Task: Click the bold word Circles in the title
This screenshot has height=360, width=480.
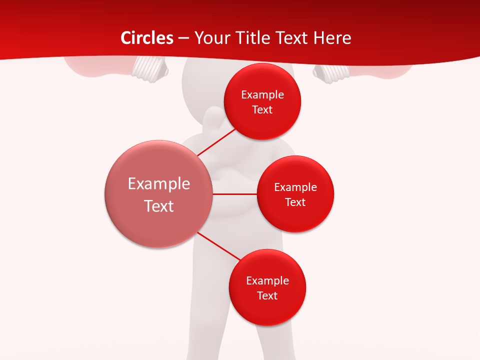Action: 147,38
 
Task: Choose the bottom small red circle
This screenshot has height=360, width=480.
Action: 267,310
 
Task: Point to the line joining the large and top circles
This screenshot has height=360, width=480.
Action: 216,142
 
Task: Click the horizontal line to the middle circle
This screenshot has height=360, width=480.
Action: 235,193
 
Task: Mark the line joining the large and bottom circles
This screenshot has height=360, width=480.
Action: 218,246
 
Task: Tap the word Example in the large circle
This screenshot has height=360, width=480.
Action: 159,184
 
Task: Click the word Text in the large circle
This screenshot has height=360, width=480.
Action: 159,206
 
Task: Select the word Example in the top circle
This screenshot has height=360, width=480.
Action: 262,95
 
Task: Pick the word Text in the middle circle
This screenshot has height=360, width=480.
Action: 295,202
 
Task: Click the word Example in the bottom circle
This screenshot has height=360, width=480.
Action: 267,281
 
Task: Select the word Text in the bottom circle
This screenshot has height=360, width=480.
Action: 267,295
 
